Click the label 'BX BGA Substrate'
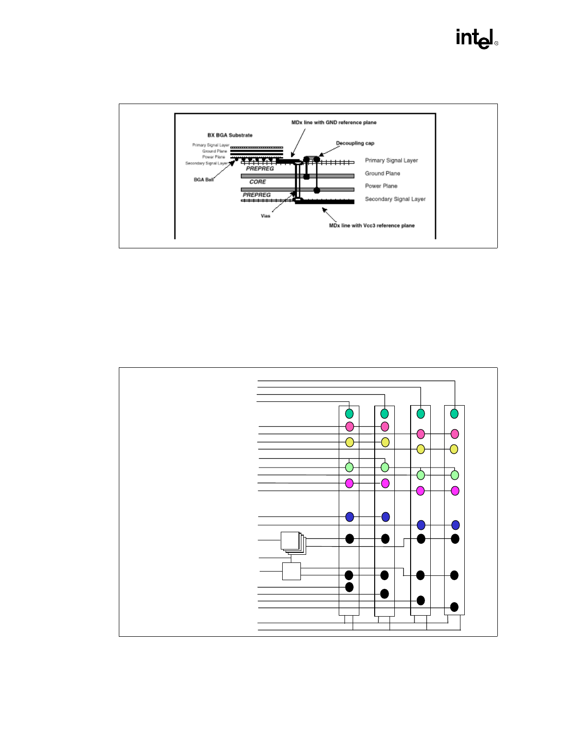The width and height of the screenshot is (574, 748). [x=230, y=135]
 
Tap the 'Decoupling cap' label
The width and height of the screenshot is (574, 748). [x=355, y=143]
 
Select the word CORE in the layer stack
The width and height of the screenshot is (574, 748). [x=258, y=182]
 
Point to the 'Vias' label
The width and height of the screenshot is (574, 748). [x=265, y=216]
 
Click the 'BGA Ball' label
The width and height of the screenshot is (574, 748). [x=204, y=180]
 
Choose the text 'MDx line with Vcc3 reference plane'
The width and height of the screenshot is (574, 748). [x=372, y=225]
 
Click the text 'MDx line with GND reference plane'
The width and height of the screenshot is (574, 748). [x=334, y=123]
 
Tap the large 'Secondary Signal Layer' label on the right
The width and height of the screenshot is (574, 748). [x=395, y=199]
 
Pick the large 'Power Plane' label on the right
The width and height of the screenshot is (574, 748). [x=381, y=186]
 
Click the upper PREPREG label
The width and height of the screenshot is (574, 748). [x=260, y=169]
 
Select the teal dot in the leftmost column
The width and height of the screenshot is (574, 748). [x=349, y=413]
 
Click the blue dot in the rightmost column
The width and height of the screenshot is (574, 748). [x=455, y=525]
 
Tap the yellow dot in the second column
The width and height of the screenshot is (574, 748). [x=385, y=442]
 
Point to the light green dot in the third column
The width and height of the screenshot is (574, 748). [x=421, y=475]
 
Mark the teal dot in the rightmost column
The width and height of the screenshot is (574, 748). [x=454, y=413]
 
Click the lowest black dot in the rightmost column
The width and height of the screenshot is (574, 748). [x=454, y=607]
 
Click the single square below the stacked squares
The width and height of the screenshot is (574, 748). [x=291, y=571]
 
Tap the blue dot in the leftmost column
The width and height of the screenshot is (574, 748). [x=349, y=517]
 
